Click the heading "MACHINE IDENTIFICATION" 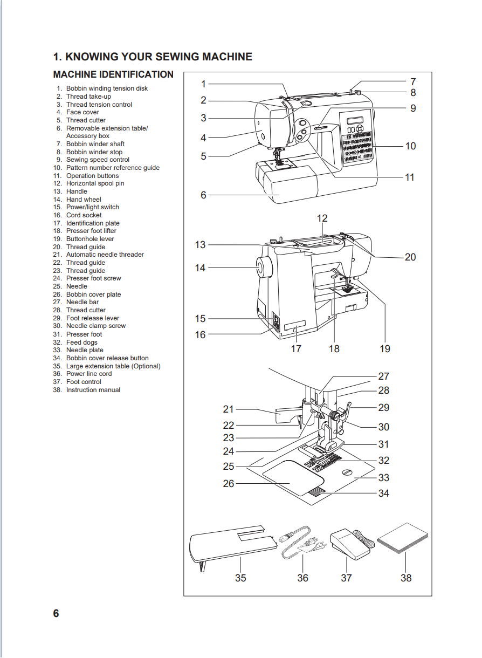113,74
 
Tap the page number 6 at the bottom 56,613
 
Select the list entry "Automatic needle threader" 105,255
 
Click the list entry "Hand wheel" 84,200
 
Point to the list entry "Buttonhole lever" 90,239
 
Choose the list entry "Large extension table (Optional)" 113,366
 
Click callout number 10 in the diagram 410,146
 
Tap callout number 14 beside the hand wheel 200,268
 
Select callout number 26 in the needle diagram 229,484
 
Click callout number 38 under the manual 406,578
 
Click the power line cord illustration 302,545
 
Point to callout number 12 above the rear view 322,218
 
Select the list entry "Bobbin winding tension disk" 107,88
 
